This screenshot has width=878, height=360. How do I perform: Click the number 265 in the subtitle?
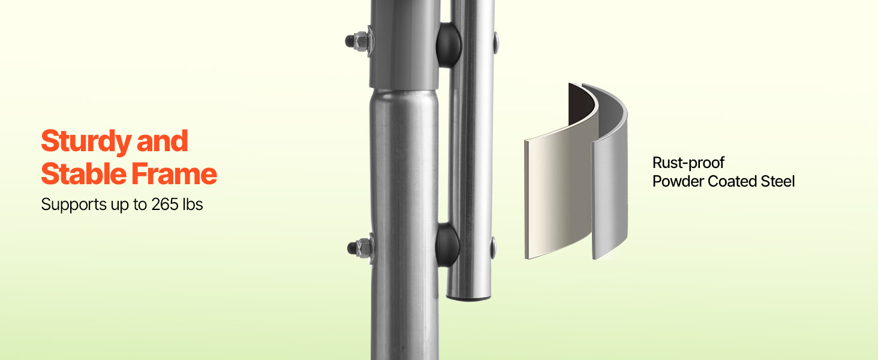[164, 205]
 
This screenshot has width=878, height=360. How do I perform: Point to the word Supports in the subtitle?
[74, 205]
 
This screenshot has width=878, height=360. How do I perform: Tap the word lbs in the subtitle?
[193, 205]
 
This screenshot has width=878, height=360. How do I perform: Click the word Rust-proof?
[688, 163]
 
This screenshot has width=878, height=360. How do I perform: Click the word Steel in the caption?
[778, 181]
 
